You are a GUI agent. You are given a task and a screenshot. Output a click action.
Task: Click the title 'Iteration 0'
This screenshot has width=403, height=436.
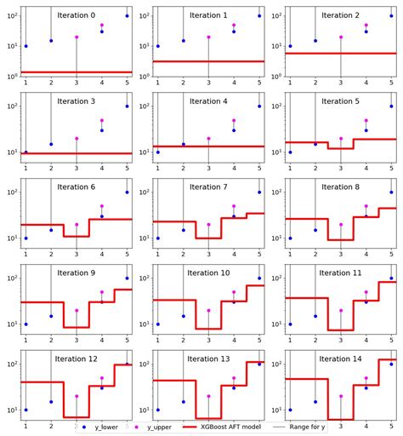77,15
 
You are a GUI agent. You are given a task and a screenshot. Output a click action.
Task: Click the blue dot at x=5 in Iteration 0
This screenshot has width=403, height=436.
128,16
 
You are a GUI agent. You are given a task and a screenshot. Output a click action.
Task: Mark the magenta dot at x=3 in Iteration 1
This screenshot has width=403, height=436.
208,37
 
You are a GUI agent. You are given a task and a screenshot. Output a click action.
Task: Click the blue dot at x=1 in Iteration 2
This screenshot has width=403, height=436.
290,46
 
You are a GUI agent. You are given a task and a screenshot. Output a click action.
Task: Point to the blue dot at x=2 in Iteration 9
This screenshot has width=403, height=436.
51,316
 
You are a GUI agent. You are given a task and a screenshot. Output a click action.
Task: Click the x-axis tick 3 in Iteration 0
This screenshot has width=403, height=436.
77,82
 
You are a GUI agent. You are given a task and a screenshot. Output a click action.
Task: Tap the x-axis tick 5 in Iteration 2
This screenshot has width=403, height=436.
392,82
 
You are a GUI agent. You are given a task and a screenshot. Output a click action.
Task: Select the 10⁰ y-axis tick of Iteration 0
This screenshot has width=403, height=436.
9,76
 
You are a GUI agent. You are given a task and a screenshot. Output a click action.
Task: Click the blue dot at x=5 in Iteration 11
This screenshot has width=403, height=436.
392,278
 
